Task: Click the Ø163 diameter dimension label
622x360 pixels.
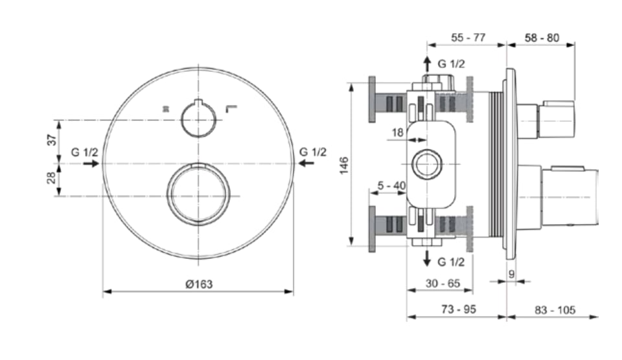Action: coord(199,284)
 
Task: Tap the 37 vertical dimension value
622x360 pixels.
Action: coord(52,141)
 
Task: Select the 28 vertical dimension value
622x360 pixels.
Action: coord(52,178)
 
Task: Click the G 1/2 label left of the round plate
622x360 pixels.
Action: coord(84,152)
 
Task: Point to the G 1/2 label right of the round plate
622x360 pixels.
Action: coord(313,152)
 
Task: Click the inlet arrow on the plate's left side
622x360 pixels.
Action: coord(91,163)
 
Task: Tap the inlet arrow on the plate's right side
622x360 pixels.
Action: coord(306,163)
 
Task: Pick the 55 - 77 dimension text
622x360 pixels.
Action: coord(468,38)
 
